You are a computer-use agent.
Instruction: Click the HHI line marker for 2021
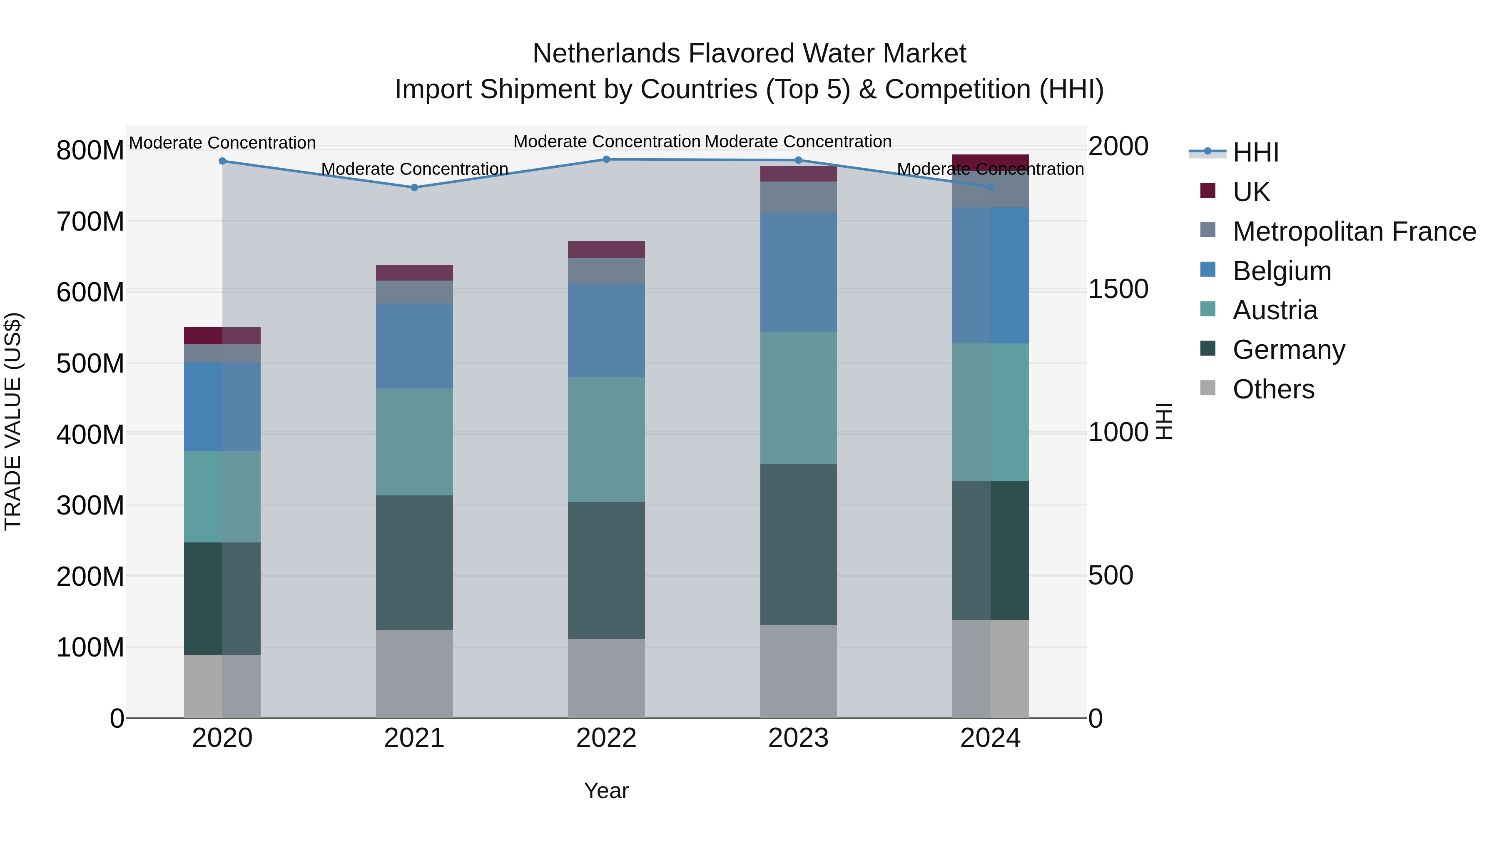(x=414, y=187)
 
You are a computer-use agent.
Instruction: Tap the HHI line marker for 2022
(x=606, y=159)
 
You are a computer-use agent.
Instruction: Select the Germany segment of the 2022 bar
(x=606, y=570)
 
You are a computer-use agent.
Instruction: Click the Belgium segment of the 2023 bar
(x=798, y=272)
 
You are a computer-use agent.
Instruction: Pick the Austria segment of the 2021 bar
(x=414, y=442)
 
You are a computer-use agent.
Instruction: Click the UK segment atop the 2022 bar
(x=606, y=249)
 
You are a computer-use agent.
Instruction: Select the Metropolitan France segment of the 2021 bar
(x=414, y=292)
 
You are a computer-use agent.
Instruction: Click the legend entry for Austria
(x=1275, y=310)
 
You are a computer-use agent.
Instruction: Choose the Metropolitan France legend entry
(x=1354, y=231)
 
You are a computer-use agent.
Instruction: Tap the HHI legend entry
(x=1255, y=152)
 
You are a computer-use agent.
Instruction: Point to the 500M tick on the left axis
(x=90, y=363)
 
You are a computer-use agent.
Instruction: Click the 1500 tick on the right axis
(x=1118, y=289)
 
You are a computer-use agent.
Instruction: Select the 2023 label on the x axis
(x=798, y=738)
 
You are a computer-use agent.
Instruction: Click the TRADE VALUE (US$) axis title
(x=13, y=421)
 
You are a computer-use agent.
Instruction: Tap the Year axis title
(x=606, y=791)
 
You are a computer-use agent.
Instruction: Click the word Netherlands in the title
(x=605, y=54)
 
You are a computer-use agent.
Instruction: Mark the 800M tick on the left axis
(x=90, y=151)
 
